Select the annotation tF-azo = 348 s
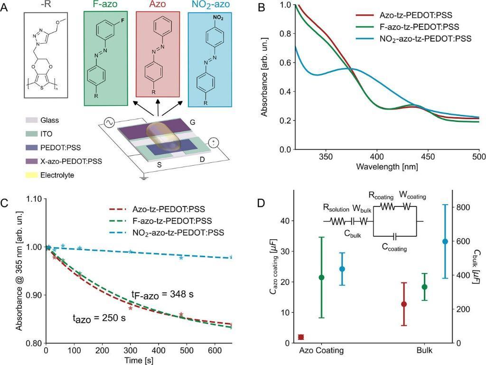[163, 295]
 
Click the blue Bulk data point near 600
[445, 241]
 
